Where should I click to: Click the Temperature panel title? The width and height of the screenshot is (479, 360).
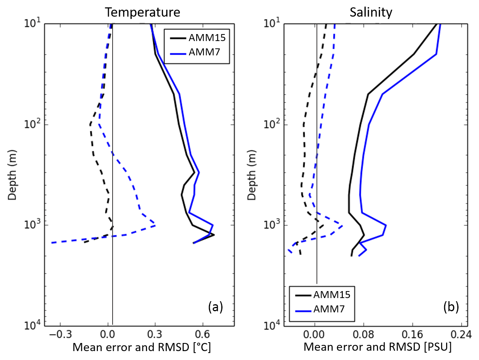[x=143, y=12]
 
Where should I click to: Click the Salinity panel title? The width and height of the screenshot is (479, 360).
[x=371, y=12]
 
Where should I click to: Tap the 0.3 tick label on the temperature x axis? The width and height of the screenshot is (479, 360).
[x=155, y=334]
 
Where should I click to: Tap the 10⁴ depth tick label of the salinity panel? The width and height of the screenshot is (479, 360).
[x=271, y=325]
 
